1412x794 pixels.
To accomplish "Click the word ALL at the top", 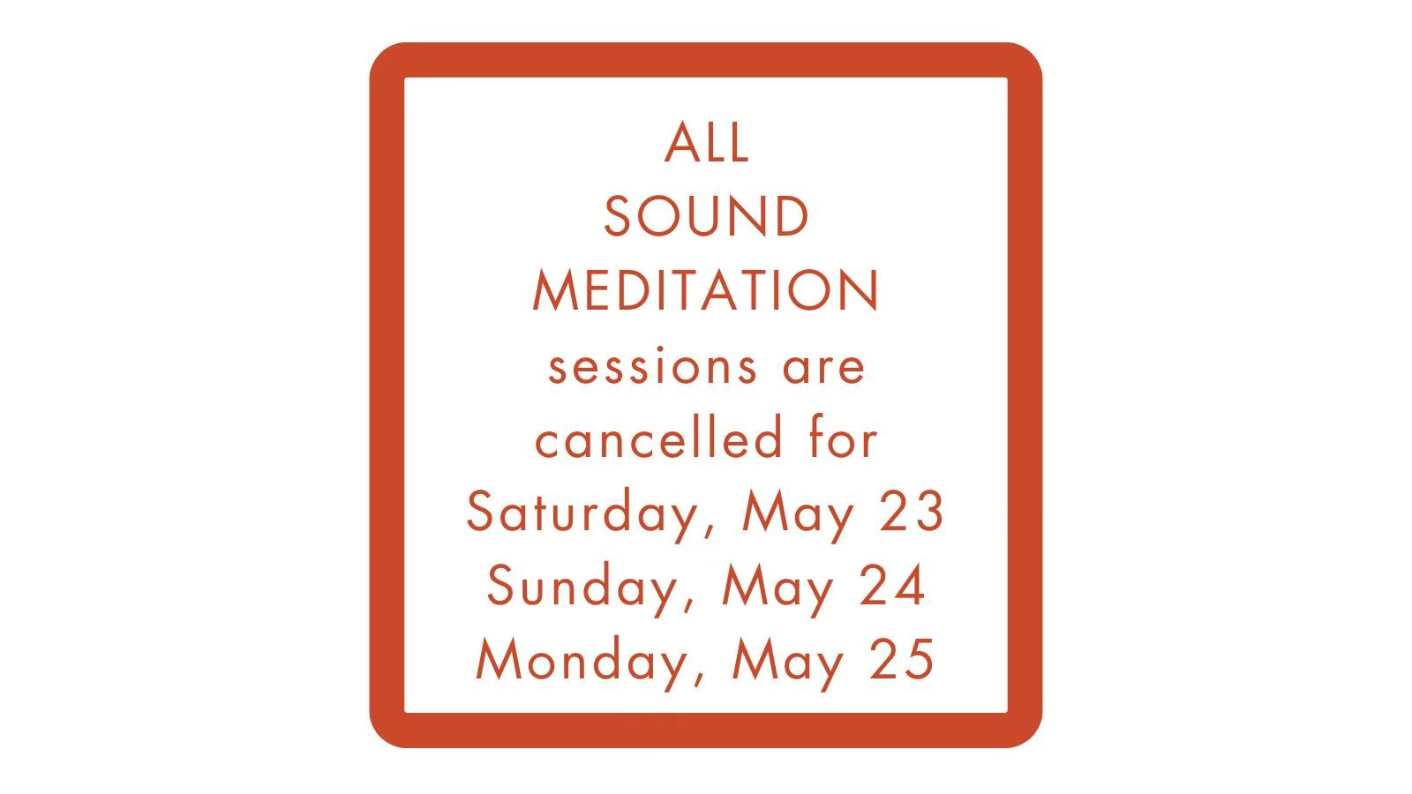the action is pyautogui.click(x=707, y=142).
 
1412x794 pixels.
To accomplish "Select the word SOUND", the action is pyautogui.click(x=706, y=216).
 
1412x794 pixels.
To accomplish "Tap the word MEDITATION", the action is pyautogui.click(x=706, y=290).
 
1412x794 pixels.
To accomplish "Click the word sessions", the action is pyautogui.click(x=652, y=365).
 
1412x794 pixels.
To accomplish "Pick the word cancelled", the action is pyautogui.click(x=658, y=436).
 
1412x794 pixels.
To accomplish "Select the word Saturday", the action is pyautogui.click(x=580, y=513).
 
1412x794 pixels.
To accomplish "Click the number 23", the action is pyautogui.click(x=912, y=511).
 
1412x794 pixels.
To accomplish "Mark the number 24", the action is pyautogui.click(x=892, y=586).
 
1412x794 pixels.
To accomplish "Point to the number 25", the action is pyautogui.click(x=902, y=660).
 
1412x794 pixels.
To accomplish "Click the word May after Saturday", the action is pyautogui.click(x=798, y=516).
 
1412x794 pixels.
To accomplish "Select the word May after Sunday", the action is pyautogui.click(x=777, y=590).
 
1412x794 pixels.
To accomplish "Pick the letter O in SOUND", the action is pyautogui.click(x=657, y=216).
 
